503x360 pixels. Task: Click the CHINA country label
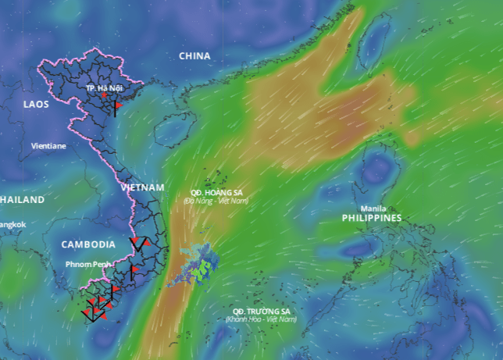[x=194, y=55]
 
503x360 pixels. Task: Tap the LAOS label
[x=36, y=104]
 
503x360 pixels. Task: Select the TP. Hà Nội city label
[x=105, y=87]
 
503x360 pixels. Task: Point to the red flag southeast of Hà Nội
[x=118, y=104]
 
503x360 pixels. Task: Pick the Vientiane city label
[x=48, y=146]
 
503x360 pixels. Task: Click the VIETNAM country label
[x=143, y=187]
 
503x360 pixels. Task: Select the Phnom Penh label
[x=90, y=265]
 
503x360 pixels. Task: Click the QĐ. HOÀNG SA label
[x=217, y=192]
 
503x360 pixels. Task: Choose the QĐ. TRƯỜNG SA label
[x=261, y=311]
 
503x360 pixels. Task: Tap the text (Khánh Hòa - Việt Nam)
[x=261, y=319]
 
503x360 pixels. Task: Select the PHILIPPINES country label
[x=371, y=219]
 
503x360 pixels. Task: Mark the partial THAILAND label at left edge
[x=22, y=200]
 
